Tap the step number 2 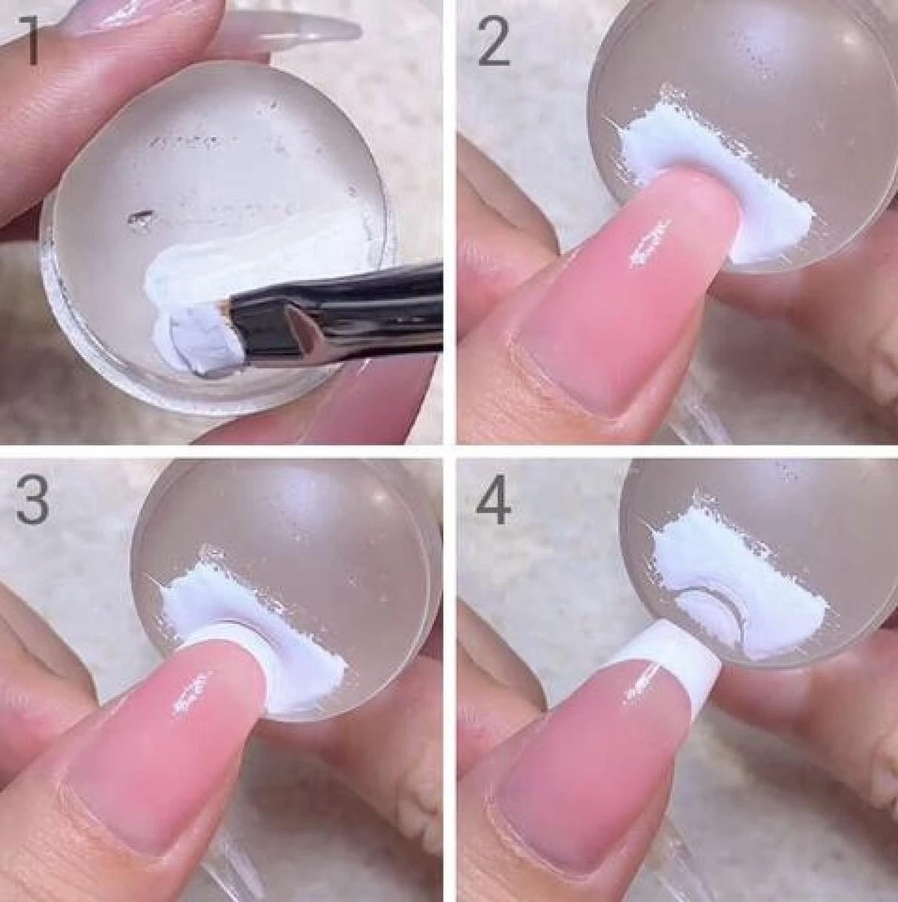pyautogui.click(x=493, y=39)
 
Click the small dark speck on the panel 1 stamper pyautogui.click(x=140, y=216)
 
